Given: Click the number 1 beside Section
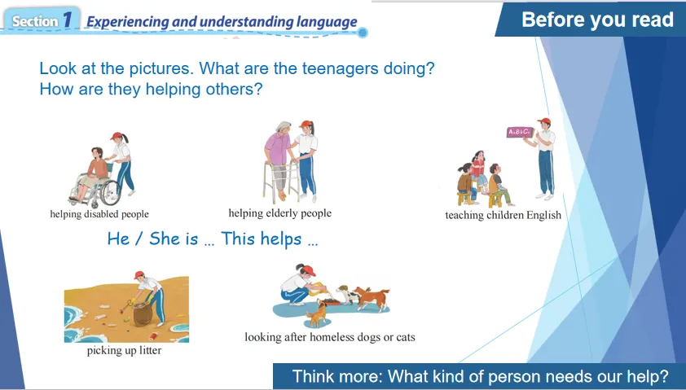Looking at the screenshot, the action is [68, 20].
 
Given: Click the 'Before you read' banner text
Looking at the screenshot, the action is [597, 20].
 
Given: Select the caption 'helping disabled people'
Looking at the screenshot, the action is [99, 214].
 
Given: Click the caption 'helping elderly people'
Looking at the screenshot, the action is [280, 213].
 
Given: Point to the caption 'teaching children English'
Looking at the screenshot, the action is [504, 215].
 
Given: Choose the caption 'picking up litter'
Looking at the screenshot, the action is [125, 350].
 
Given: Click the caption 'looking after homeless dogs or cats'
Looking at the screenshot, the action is [330, 337].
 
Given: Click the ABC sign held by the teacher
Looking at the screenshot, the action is [520, 132].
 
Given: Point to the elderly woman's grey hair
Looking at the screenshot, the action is [282, 128].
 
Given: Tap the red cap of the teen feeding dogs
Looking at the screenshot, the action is [309, 270].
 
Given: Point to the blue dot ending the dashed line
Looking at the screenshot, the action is [363, 33].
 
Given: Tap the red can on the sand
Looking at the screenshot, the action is [154, 336].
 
